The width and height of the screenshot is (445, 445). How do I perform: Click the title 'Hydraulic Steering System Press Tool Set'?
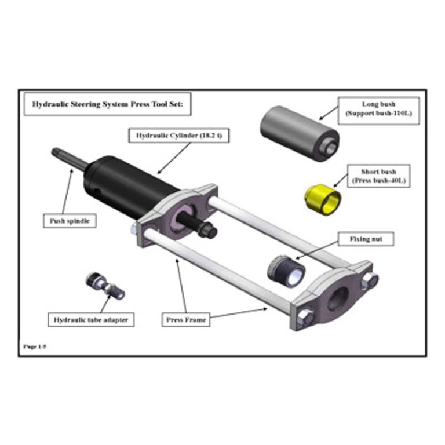[x=107, y=104]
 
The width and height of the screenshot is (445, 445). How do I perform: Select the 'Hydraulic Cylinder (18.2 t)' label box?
[x=179, y=136]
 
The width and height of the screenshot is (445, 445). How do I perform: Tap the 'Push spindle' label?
[x=70, y=221]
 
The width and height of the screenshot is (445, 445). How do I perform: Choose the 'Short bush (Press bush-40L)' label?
[x=378, y=176]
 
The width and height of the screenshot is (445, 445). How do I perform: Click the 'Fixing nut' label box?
[x=366, y=239]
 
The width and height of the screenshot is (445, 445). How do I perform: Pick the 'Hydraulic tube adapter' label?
[x=91, y=320]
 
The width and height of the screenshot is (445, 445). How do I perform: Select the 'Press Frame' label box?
[x=186, y=320]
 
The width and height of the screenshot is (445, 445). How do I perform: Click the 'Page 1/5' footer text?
[x=35, y=346]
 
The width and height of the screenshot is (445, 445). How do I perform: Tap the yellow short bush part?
[x=322, y=199]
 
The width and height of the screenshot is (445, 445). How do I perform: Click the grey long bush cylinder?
[x=300, y=133]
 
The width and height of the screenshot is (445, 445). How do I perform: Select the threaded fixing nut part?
[x=286, y=271]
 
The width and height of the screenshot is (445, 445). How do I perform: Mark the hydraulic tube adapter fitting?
[x=105, y=286]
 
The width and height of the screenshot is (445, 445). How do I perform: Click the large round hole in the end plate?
[x=337, y=298]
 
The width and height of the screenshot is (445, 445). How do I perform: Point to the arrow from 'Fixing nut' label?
[x=317, y=250]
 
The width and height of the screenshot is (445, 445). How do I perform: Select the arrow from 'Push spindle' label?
[x=67, y=191]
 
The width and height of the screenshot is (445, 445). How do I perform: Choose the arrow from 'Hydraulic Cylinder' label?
[x=174, y=158]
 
